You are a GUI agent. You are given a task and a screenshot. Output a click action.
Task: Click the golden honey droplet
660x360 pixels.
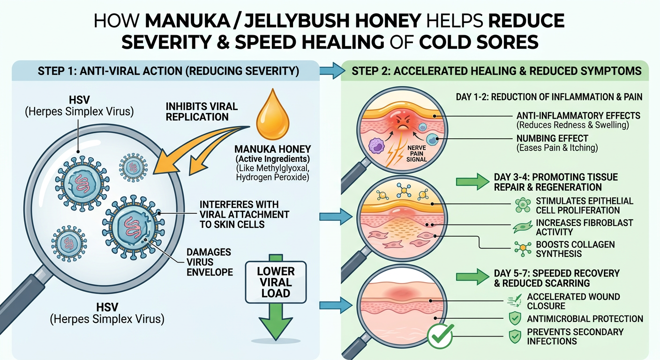272,116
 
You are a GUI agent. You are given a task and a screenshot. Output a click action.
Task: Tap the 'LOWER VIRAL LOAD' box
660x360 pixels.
276,282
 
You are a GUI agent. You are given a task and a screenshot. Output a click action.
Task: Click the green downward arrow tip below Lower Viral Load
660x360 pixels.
276,339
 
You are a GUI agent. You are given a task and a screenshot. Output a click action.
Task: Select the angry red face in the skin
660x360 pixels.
402,121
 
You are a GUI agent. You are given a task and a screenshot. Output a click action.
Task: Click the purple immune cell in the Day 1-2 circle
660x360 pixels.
376,145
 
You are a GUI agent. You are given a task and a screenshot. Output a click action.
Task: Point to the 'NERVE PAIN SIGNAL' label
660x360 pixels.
417,153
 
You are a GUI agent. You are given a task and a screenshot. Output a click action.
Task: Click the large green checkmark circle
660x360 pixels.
441,336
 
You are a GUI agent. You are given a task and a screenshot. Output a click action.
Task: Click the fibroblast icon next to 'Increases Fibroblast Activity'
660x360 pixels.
522,227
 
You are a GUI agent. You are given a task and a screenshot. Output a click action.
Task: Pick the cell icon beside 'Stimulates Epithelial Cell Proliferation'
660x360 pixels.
523,205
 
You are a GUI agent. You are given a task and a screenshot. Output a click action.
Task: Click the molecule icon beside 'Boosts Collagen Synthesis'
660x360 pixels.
523,248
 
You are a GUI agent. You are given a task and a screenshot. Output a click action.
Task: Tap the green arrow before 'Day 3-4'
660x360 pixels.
472,181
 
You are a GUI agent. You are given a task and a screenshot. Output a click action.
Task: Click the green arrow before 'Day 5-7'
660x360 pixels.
472,277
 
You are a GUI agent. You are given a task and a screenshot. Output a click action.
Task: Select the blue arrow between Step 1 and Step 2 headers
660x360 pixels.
332,71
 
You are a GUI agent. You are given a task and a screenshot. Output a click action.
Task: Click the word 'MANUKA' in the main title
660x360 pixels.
187,21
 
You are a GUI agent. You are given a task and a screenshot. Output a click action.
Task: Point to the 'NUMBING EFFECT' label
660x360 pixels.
552,138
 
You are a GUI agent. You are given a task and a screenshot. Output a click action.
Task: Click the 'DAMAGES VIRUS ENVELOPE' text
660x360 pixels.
210,262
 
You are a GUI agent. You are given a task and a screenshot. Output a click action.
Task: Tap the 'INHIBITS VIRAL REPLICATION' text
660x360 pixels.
202,112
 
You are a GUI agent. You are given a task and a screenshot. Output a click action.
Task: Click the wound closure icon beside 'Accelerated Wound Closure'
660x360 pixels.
515,301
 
